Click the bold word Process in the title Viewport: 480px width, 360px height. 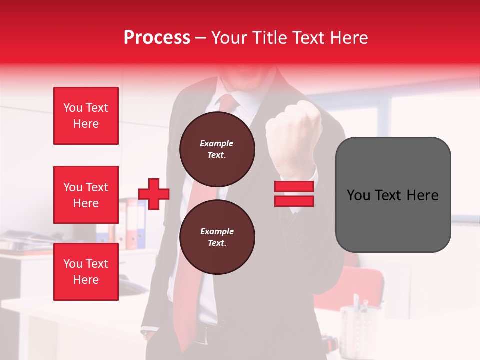pos(157,38)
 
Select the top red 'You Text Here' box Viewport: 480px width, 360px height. pos(86,116)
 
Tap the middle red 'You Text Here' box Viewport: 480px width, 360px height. pos(86,195)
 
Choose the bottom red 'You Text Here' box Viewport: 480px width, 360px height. pos(86,272)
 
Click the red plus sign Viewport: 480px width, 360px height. pos(154,194)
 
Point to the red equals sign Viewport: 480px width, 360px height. pos(294,194)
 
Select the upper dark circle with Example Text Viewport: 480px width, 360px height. pos(217,149)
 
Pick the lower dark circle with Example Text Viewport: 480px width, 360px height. pos(217,237)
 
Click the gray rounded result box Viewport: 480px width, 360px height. pos(393,195)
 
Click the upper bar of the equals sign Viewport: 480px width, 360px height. pos(294,187)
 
